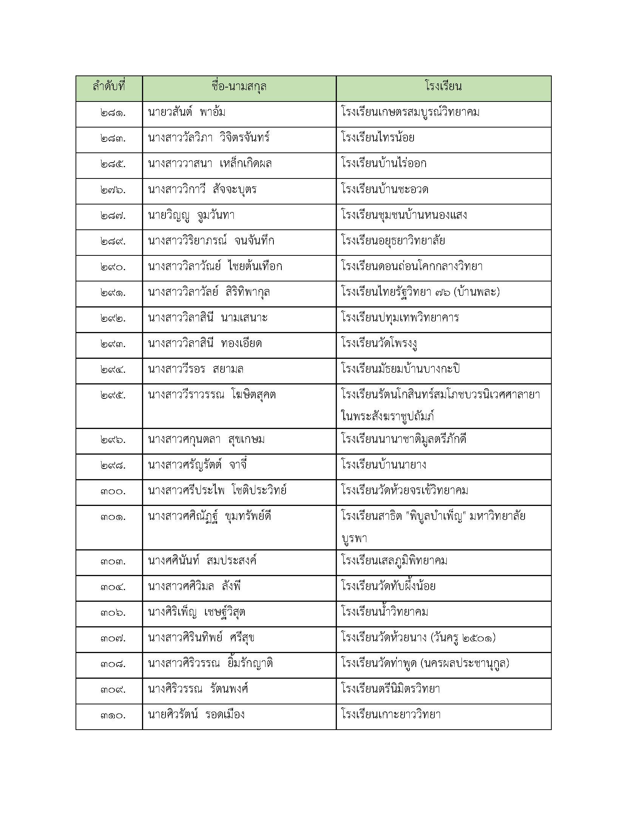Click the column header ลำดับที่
coord(109,87)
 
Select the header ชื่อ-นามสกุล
coord(239,87)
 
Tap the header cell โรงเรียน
coord(443,87)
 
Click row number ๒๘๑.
coord(113,113)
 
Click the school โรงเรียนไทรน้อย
coord(378,138)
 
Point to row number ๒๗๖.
coord(113,190)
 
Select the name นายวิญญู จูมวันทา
coord(191,215)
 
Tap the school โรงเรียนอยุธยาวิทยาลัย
coord(393,241)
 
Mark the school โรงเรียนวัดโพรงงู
coord(379,344)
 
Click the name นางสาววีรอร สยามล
coord(196,369)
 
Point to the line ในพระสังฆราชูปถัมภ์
coord(387,417)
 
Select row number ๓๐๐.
coord(113,491)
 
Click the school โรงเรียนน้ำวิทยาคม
coord(384,612)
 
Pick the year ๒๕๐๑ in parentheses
coord(477,638)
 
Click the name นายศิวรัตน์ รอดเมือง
coord(196,715)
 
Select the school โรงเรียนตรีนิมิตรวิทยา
coord(390,689)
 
